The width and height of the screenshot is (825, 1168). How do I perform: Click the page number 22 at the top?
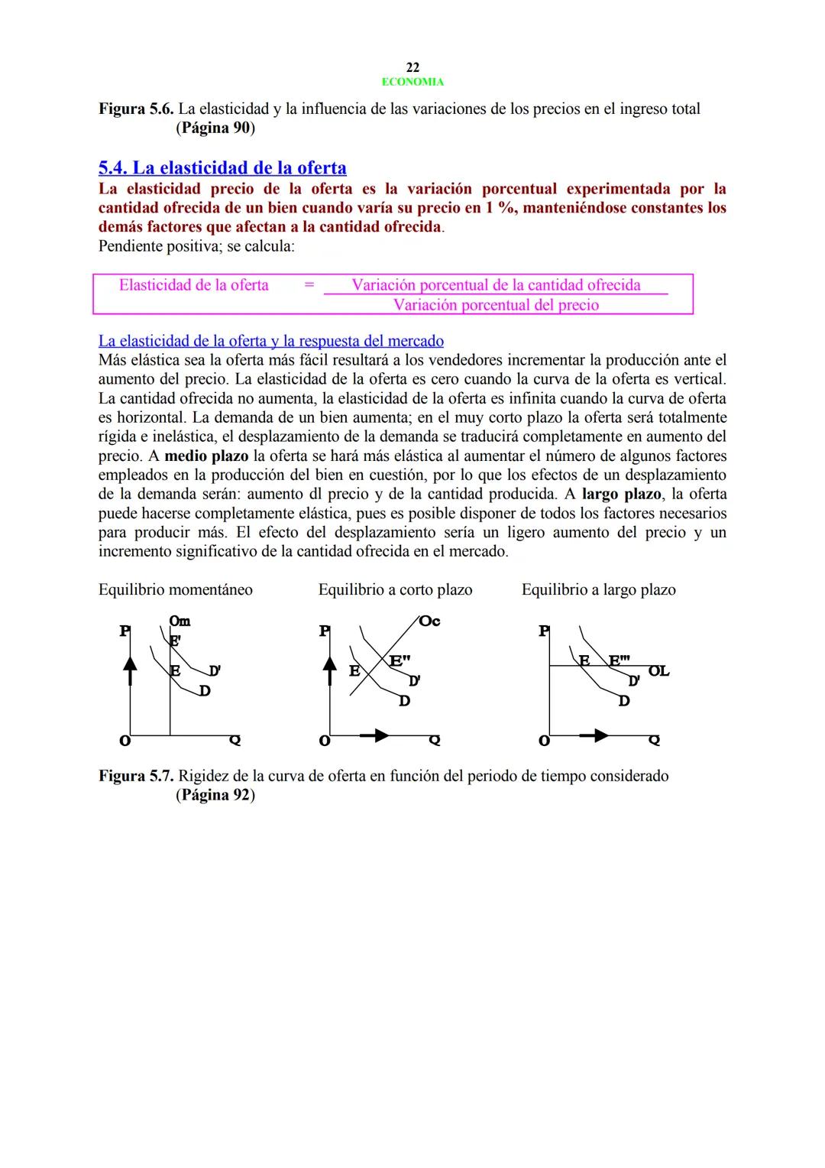click(x=412, y=68)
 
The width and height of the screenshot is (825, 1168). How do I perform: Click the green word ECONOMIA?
click(x=412, y=82)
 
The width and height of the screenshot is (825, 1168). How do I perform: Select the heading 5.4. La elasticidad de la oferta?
click(x=222, y=168)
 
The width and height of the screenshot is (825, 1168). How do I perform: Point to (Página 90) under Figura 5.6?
click(x=215, y=128)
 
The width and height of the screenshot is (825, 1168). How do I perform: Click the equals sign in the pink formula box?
click(x=309, y=285)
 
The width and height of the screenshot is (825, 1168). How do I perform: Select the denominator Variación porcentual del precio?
click(x=496, y=305)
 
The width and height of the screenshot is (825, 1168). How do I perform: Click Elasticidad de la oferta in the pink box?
click(x=194, y=285)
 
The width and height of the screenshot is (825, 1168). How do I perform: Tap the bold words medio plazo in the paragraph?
click(x=206, y=456)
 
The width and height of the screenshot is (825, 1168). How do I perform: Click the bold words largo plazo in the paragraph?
click(x=621, y=495)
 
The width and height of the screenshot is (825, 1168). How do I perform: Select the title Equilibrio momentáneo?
click(x=176, y=590)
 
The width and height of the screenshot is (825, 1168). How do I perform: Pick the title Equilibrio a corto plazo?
click(x=395, y=590)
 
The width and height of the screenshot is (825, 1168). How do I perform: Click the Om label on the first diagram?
click(x=180, y=621)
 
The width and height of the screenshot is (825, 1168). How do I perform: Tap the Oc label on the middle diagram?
click(x=429, y=621)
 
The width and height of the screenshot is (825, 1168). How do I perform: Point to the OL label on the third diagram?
click(x=658, y=671)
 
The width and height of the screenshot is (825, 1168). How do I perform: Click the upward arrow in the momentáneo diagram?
click(x=131, y=670)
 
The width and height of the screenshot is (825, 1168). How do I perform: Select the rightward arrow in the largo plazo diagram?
click(x=595, y=735)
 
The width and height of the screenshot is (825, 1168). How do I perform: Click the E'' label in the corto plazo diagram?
click(x=400, y=660)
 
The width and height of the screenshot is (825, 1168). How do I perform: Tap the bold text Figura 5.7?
click(x=136, y=777)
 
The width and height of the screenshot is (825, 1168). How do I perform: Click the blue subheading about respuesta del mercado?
click(x=271, y=341)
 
